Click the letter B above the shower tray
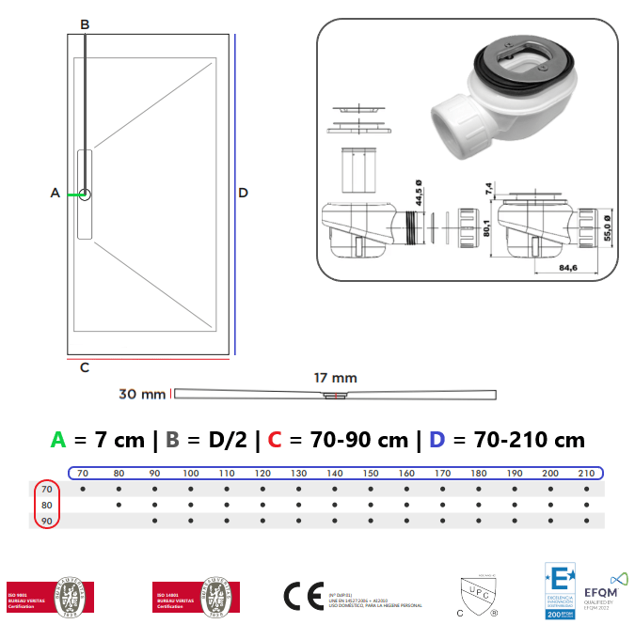(85, 23)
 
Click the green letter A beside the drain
(55, 193)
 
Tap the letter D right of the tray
(243, 193)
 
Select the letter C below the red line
(84, 367)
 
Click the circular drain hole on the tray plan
(85, 195)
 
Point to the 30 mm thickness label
(142, 393)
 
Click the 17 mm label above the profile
(335, 378)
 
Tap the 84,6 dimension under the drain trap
(566, 268)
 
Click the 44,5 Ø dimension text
(418, 195)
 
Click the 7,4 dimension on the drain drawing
(489, 188)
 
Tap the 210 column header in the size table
(585, 473)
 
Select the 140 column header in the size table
(335, 473)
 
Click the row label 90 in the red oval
(46, 521)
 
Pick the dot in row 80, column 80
(119, 506)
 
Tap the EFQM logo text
(600, 593)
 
